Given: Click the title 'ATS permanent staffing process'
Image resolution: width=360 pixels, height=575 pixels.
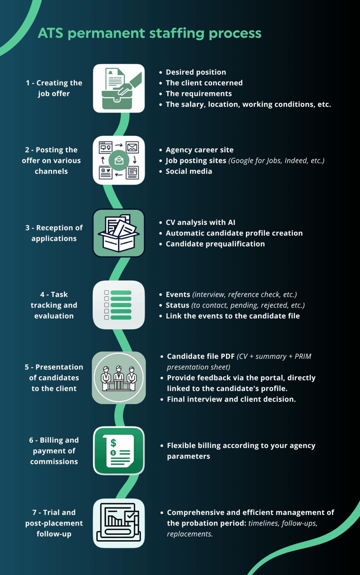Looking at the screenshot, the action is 150,33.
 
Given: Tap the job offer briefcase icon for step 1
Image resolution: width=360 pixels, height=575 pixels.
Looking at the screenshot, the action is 119,88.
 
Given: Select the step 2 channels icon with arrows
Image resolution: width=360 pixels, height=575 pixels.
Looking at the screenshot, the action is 119,160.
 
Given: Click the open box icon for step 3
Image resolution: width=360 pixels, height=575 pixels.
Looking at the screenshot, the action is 119,233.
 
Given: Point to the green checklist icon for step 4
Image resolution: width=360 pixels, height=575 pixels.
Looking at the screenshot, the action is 119,305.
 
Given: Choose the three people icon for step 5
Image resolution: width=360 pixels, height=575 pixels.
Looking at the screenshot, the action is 119,378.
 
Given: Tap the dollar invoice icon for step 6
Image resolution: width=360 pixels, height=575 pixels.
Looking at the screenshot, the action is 119,451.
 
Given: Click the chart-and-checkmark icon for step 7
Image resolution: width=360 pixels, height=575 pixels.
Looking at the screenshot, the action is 119,523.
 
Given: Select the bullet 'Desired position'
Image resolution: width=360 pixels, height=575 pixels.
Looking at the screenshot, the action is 196,72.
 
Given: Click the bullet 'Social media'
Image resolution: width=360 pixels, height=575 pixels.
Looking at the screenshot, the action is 189,171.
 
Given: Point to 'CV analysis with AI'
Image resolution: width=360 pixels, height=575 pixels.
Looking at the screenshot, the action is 200,223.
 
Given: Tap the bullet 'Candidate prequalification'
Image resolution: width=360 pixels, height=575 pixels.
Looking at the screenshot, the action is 215,244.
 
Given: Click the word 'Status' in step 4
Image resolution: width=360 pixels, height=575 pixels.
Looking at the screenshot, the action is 177,305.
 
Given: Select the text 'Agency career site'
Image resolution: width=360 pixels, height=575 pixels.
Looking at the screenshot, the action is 200,150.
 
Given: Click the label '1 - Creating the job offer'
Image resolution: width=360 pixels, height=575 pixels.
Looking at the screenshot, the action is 54,88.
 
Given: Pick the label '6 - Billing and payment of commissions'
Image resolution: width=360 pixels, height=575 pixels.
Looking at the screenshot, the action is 54,451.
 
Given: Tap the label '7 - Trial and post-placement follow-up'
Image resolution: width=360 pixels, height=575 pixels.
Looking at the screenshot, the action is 54,523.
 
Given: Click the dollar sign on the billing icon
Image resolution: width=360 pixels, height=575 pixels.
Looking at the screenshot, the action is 113,443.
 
